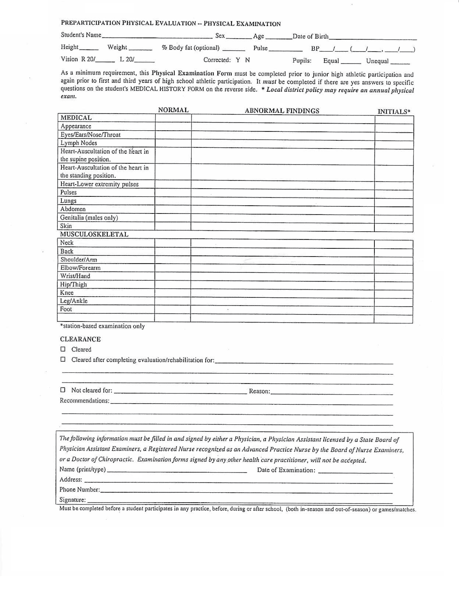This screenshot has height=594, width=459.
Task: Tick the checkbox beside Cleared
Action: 63,349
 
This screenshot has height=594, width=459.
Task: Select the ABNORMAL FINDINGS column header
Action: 282,111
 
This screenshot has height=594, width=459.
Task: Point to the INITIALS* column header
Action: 394,112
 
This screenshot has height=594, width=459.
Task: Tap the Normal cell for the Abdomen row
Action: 173,209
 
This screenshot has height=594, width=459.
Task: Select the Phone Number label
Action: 79,490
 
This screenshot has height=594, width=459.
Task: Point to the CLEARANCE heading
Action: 80,339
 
